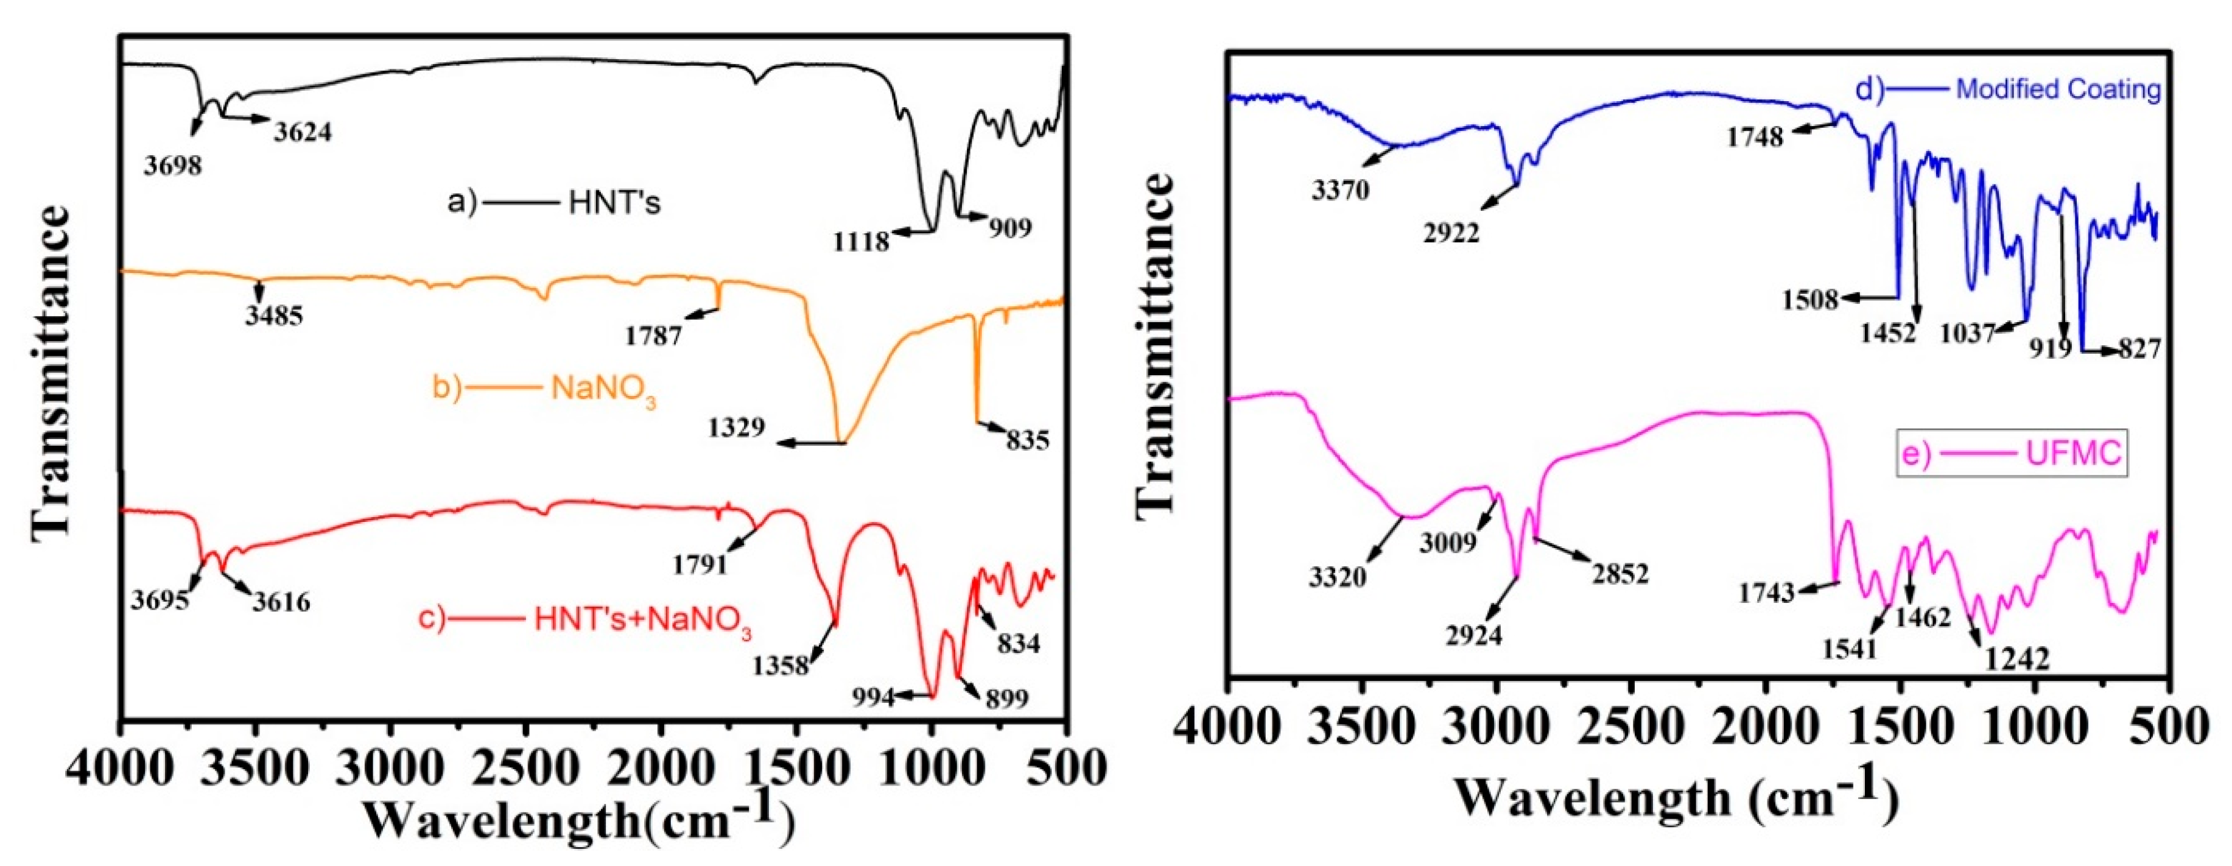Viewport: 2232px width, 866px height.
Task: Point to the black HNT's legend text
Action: click(x=614, y=203)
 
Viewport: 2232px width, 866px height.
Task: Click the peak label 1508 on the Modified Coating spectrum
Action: click(x=1810, y=300)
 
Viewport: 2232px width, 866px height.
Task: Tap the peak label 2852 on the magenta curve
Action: click(x=1620, y=573)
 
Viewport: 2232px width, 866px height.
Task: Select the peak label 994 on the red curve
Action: click(x=872, y=696)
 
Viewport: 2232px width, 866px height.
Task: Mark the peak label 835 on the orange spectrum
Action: click(x=1028, y=440)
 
